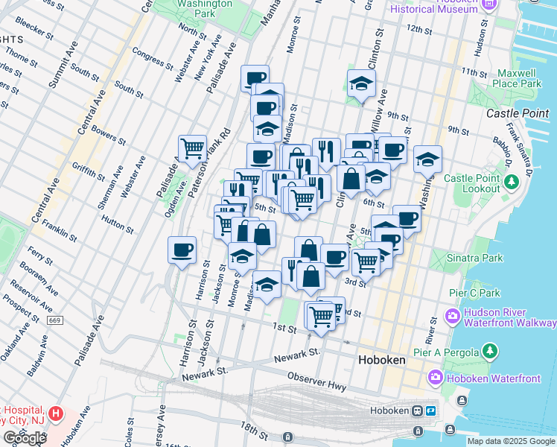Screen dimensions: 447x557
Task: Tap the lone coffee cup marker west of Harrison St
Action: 182,250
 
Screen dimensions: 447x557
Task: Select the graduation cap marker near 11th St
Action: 361,83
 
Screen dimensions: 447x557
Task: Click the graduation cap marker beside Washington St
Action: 427,159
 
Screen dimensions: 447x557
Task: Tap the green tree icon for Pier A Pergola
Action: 490,350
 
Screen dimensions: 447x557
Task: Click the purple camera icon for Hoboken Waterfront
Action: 435,378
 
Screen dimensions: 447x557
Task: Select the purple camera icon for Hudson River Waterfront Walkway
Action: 452,316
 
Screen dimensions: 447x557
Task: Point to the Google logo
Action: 25,437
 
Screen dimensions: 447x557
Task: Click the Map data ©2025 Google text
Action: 510,441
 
